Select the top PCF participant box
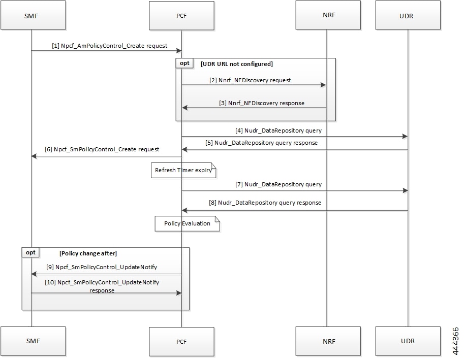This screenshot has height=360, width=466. point(181,15)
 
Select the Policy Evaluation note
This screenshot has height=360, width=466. point(188,223)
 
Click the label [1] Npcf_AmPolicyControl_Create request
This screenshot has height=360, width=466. point(109,46)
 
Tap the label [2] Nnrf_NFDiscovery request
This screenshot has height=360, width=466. point(251,80)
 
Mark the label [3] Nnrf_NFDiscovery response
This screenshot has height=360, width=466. point(262,103)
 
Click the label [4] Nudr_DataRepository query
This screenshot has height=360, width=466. point(278,130)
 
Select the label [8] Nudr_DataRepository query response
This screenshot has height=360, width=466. point(265,203)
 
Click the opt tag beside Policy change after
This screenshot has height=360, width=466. point(30,252)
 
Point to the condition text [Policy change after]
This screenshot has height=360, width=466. point(88,252)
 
